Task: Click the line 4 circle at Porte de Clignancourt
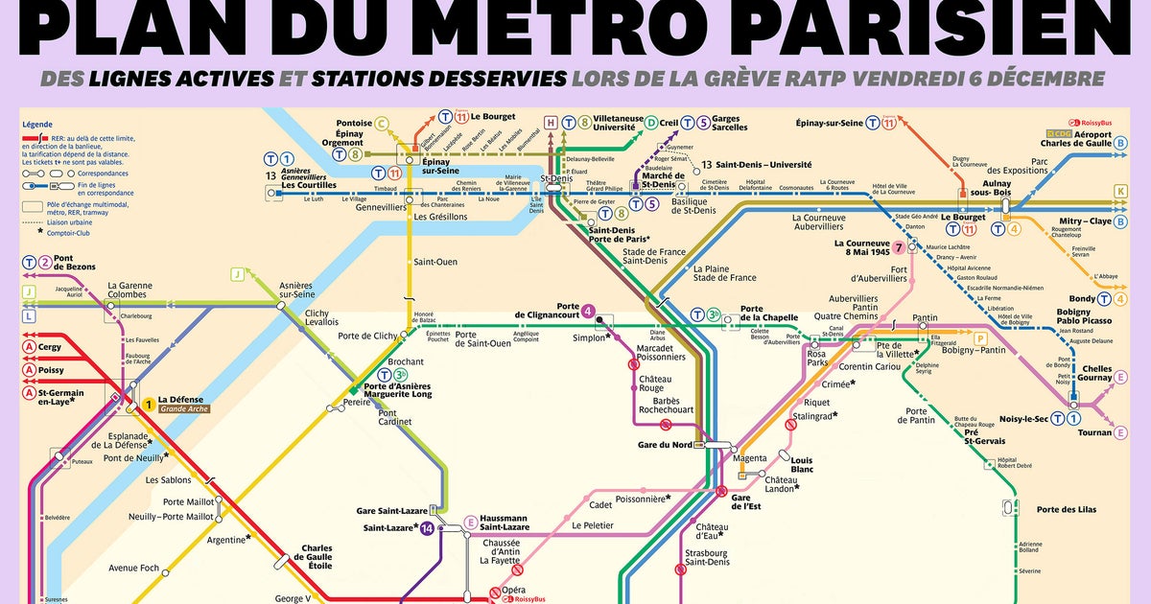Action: pyautogui.click(x=588, y=311)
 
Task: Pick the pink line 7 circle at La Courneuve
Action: pyautogui.click(x=898, y=247)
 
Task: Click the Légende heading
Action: pyautogui.click(x=38, y=124)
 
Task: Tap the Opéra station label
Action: pyautogui.click(x=513, y=591)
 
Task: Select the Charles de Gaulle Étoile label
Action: pyautogui.click(x=317, y=556)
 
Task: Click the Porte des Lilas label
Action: pyautogui.click(x=1066, y=509)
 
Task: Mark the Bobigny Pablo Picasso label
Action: pyautogui.click(x=1085, y=316)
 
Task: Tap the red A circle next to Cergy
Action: pyautogui.click(x=30, y=347)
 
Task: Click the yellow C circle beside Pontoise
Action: pyautogui.click(x=382, y=123)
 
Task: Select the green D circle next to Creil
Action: pyautogui.click(x=650, y=123)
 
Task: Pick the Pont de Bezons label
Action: pyautogui.click(x=76, y=262)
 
